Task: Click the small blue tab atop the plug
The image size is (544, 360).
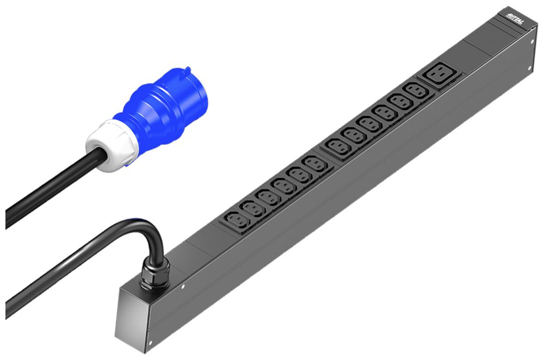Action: (x=185, y=71)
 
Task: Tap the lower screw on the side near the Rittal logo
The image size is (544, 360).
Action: (x=529, y=67)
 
